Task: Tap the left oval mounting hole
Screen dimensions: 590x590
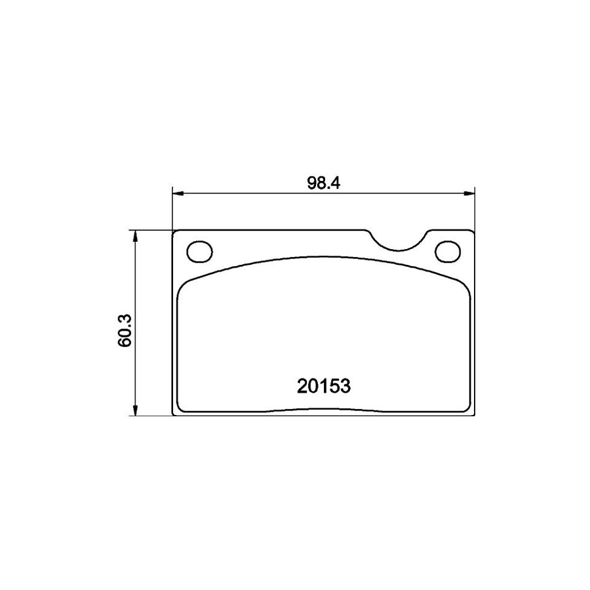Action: [x=199, y=251]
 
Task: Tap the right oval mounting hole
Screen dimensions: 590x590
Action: [x=449, y=251]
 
